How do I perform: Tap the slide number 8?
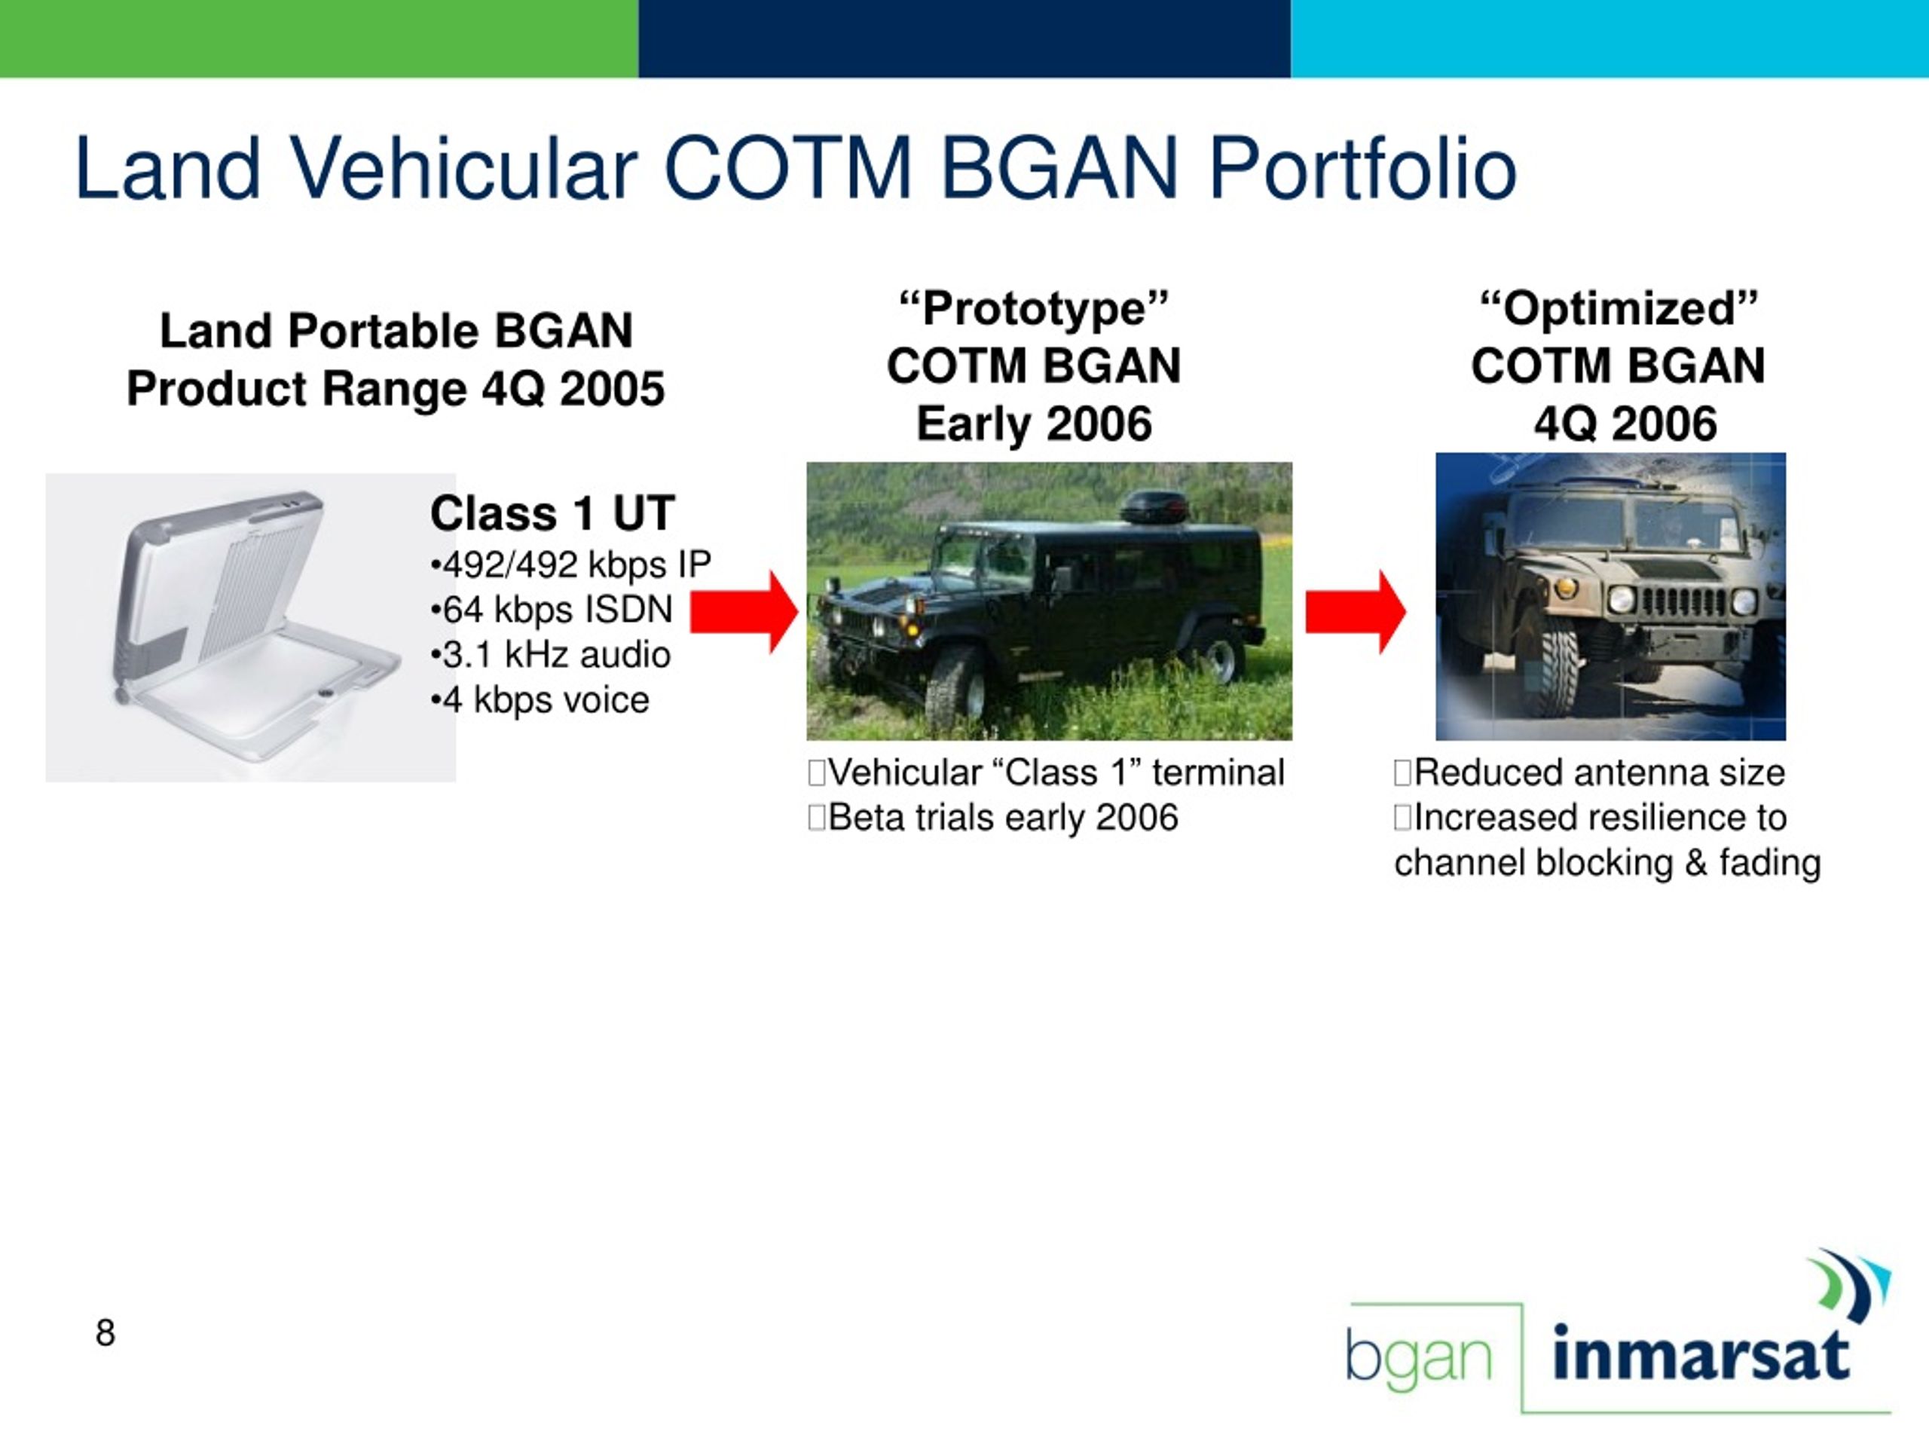tap(105, 1332)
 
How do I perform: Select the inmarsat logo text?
tap(1701, 1354)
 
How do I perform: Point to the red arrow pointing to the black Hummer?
tap(744, 611)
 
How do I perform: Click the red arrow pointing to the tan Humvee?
tap(1355, 611)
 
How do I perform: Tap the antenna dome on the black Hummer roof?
tap(1153, 506)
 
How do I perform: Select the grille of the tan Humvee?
tap(1684, 603)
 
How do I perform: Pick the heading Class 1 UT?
tap(553, 513)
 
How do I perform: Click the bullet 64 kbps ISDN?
tap(552, 610)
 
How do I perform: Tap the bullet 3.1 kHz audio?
tap(551, 655)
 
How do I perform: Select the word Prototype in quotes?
tap(1035, 309)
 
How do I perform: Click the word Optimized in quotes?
tap(1619, 309)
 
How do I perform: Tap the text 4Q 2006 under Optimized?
tap(1625, 424)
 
